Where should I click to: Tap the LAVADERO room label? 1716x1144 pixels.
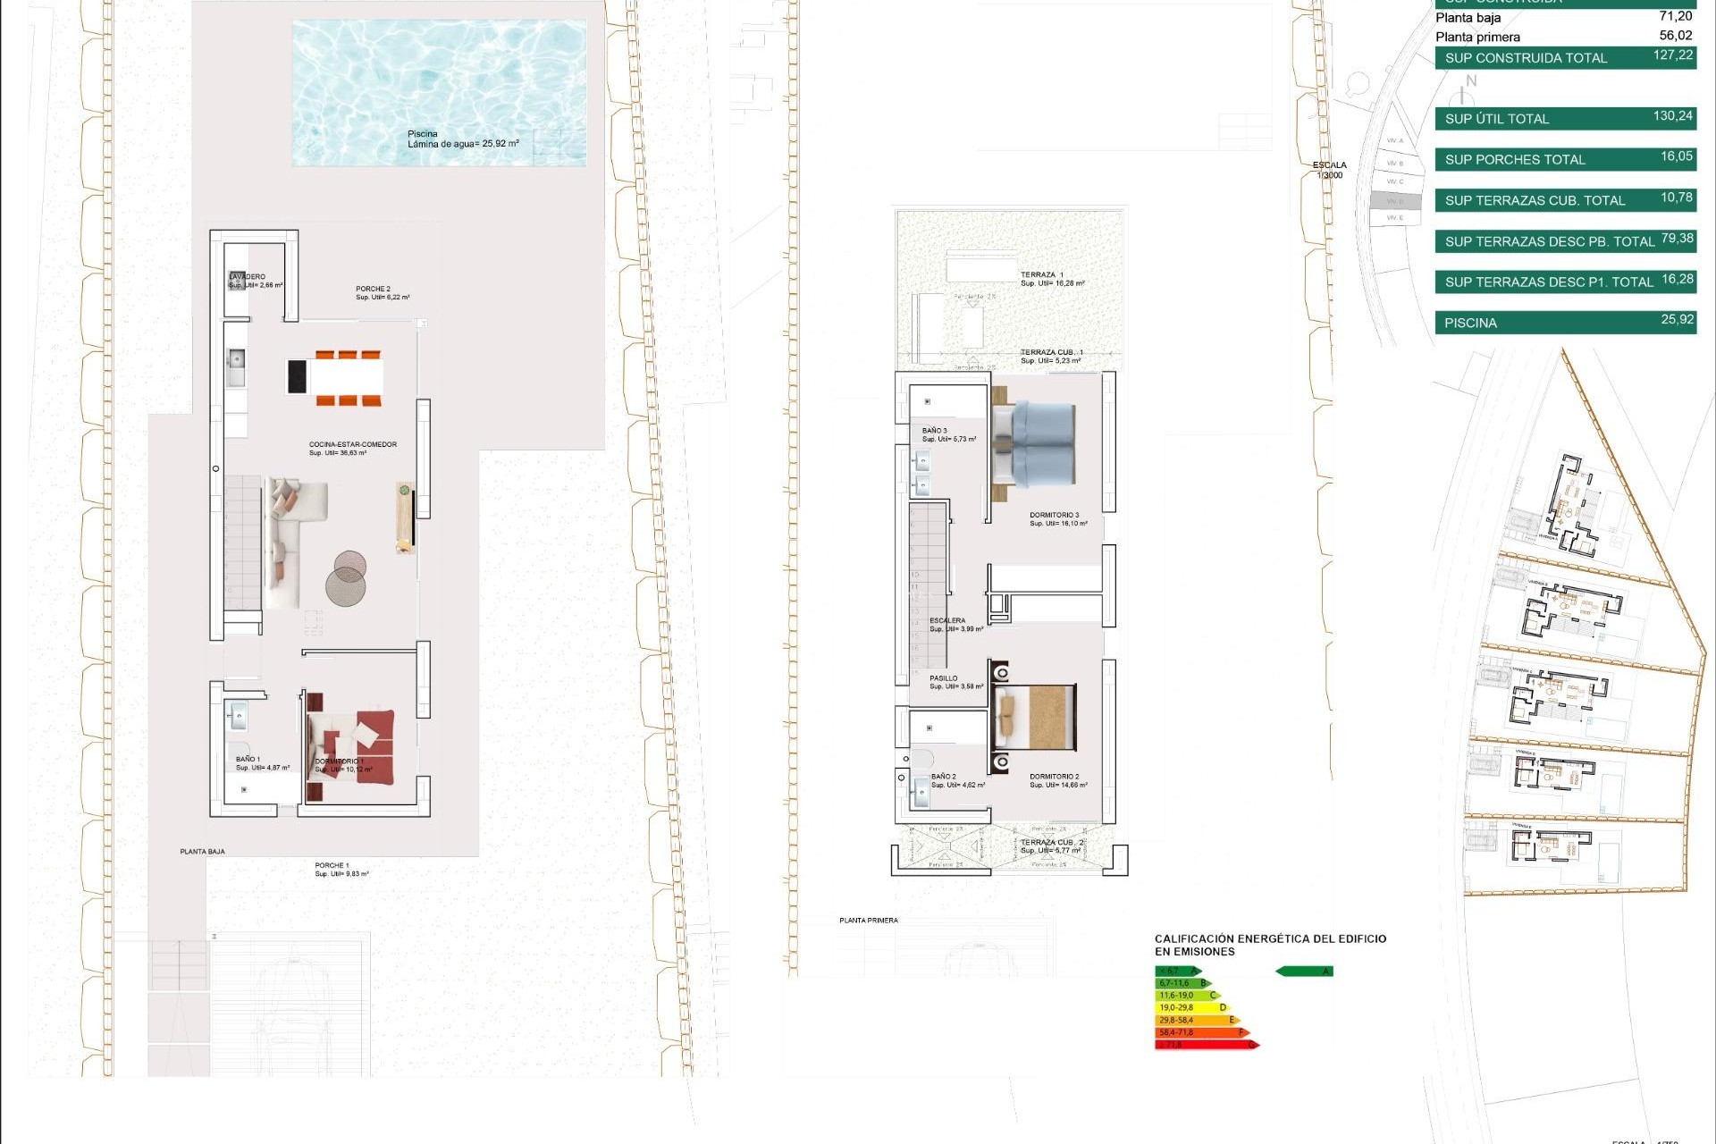coord(248,277)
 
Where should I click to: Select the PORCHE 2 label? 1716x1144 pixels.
coord(374,290)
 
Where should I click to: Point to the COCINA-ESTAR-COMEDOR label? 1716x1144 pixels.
coord(352,445)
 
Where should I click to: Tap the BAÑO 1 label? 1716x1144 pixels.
coord(248,759)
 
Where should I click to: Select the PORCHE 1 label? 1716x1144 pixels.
coord(332,865)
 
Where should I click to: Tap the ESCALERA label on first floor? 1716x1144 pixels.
coord(947,620)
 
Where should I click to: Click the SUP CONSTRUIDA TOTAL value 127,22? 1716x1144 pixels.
coord(1672,55)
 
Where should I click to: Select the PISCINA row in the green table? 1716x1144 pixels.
coord(1564,323)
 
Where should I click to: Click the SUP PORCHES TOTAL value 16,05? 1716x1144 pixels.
coord(1676,156)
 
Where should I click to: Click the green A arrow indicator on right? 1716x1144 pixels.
coord(1305,972)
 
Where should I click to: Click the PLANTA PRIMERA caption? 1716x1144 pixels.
coord(868,921)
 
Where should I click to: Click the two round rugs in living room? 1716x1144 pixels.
coord(347,578)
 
